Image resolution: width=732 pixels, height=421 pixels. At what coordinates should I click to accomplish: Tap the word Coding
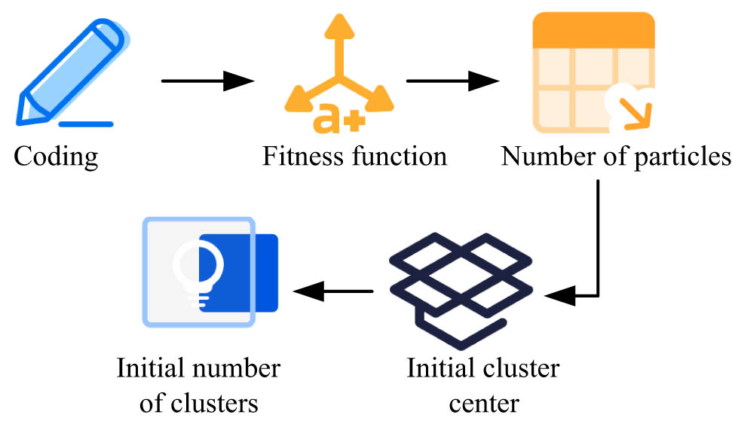coord(57,157)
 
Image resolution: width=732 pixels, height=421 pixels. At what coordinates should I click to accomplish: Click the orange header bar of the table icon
coord(593,29)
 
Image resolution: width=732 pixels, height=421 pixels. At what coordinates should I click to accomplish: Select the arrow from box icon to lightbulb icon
coord(333,291)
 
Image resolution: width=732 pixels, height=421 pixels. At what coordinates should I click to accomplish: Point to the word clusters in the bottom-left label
coord(219,403)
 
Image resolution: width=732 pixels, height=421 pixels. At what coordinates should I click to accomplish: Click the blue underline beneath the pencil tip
coord(84,123)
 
